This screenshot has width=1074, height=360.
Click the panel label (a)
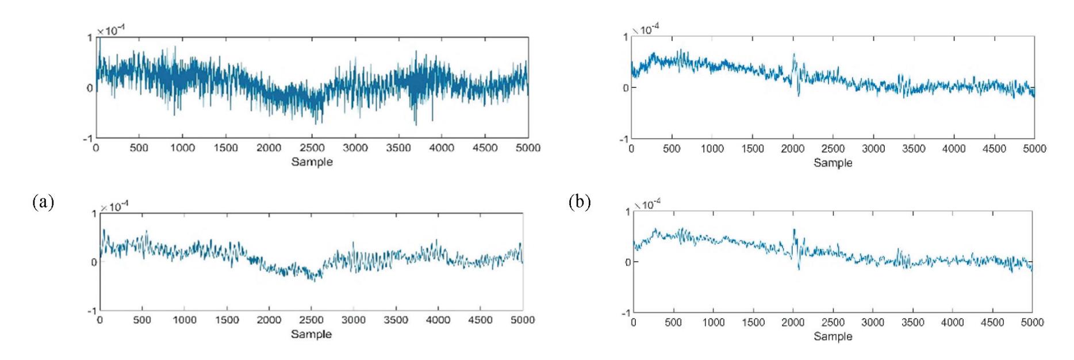pyautogui.click(x=44, y=202)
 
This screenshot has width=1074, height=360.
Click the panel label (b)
pyautogui.click(x=579, y=202)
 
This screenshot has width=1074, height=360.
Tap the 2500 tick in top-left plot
pyautogui.click(x=312, y=148)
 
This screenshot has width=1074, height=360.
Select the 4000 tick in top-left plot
pyautogui.click(x=442, y=148)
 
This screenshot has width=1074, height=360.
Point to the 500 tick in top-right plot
pyautogui.click(x=672, y=149)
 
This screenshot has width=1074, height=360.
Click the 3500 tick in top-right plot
pyautogui.click(x=914, y=149)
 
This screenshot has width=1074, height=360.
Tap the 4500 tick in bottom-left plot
pyautogui.click(x=480, y=320)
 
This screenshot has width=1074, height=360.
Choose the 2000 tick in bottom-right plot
pyautogui.click(x=793, y=323)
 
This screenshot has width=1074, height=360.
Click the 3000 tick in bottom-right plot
pyautogui.click(x=873, y=323)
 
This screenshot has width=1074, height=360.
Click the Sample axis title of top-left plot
pyautogui.click(x=312, y=162)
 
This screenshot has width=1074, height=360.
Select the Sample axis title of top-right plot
pyautogui.click(x=833, y=163)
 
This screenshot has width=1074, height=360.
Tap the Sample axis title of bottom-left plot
pyautogui.click(x=311, y=334)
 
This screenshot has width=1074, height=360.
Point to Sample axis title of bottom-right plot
pyautogui.click(x=833, y=336)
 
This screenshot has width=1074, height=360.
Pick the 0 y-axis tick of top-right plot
pyautogui.click(x=626, y=87)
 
